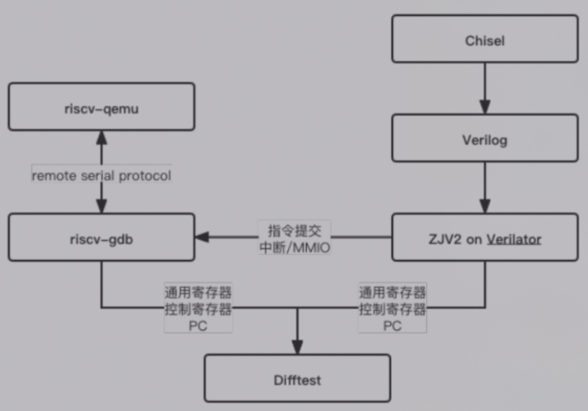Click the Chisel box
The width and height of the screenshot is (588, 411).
pyautogui.click(x=485, y=39)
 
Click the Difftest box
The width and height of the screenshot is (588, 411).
pyautogui.click(x=297, y=378)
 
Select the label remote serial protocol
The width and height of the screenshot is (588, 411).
pyautogui.click(x=101, y=176)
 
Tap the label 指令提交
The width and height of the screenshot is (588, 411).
pyautogui.click(x=295, y=228)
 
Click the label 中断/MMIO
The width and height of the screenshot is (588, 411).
pyautogui.click(x=295, y=247)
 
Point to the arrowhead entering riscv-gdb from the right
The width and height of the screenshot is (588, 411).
pyautogui.click(x=202, y=237)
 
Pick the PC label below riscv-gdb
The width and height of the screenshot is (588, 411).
pyautogui.click(x=197, y=326)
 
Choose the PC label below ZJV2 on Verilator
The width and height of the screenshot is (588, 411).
pyautogui.click(x=392, y=326)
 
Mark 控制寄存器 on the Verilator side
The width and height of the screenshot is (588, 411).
pyautogui.click(x=392, y=309)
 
